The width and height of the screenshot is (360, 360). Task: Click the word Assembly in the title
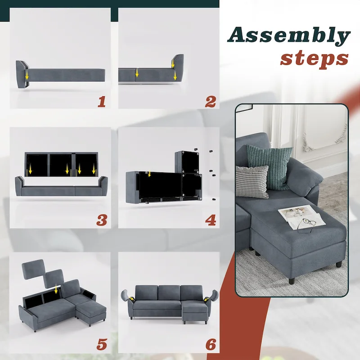coord(288,36)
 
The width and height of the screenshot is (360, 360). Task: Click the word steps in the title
coord(314,58)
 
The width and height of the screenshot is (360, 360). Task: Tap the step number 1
coord(101,102)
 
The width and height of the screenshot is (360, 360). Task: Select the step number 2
coord(210,102)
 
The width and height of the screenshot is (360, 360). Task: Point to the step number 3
coord(102,220)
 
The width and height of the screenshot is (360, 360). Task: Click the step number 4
coord(210,220)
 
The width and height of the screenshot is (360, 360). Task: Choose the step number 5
coord(102,344)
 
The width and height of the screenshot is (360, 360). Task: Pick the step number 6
coord(211,344)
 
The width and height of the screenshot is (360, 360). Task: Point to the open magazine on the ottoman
coord(299,214)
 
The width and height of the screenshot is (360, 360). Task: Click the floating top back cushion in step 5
coord(33,269)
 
